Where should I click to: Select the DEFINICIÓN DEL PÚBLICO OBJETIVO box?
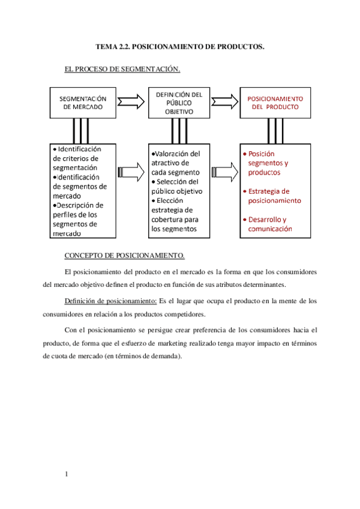pos(179,102)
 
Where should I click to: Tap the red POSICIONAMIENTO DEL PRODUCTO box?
pos(275,102)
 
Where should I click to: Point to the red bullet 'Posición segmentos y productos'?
pos(268,163)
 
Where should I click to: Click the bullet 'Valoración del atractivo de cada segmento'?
pos(177,163)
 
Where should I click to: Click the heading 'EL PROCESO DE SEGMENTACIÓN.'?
pos(122,70)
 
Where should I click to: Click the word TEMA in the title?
pos(107,46)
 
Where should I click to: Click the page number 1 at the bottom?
pos(67,475)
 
